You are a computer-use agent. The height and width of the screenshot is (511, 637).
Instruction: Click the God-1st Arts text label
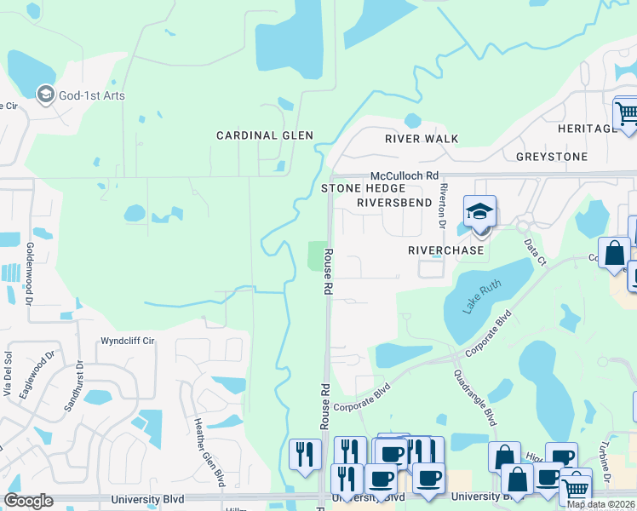tap(91, 95)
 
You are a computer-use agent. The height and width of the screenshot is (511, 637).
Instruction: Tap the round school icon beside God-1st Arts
tap(45, 95)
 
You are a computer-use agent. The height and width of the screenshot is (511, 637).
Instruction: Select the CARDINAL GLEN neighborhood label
tap(264, 135)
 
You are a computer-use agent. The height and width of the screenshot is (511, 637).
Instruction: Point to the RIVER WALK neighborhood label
tap(422, 139)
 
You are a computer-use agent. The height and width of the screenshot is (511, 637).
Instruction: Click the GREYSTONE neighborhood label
tap(552, 157)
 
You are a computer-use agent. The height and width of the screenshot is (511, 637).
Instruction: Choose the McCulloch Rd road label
tap(403, 175)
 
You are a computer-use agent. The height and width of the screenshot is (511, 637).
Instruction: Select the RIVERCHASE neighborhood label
tap(445, 250)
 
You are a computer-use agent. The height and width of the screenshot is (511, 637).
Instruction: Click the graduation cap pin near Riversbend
tap(479, 211)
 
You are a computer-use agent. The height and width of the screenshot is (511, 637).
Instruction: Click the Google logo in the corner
tap(29, 501)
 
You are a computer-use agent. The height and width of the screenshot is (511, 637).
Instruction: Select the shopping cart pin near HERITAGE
tap(626, 112)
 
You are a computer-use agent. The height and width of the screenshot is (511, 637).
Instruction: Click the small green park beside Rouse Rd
tap(317, 255)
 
